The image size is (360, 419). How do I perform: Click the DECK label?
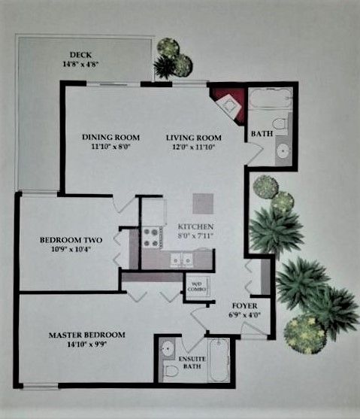coord(80,55)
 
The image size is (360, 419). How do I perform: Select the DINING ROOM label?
coord(110,138)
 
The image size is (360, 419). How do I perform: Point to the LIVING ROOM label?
coord(194,138)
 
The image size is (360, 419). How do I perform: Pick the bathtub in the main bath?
coord(271,99)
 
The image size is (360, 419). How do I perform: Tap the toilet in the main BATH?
coord(280,124)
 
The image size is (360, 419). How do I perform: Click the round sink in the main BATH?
coord(283,151)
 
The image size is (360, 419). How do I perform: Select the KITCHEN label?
coord(195,226)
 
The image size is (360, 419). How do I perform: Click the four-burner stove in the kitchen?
coord(150,238)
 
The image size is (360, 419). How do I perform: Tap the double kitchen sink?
coord(182,259)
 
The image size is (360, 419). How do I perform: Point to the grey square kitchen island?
coord(203,204)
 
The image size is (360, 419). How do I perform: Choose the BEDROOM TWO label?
coord(71,240)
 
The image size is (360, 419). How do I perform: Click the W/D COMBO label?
coord(197,287)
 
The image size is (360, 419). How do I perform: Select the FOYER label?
coord(244,305)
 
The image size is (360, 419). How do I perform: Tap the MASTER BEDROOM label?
coord(86,335)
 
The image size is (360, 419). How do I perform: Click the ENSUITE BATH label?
coord(192,363)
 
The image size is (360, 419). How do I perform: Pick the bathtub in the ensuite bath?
coord(219,360)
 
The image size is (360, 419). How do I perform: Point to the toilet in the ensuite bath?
coord(171,370)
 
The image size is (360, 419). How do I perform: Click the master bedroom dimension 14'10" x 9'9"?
coord(87,345)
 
